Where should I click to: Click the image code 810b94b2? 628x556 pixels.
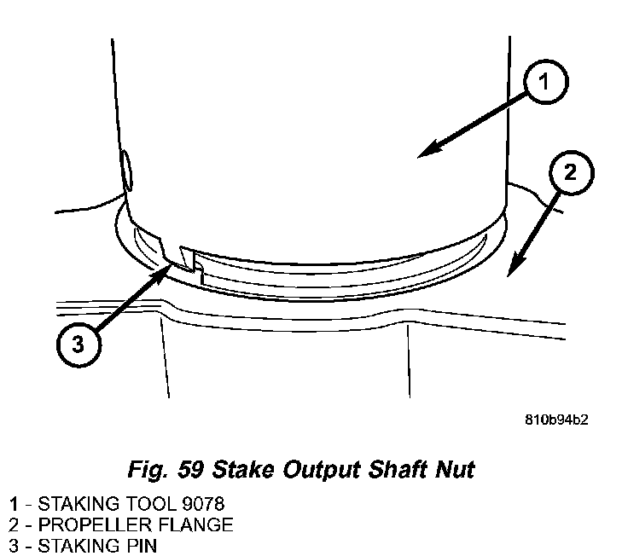[x=557, y=420]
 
